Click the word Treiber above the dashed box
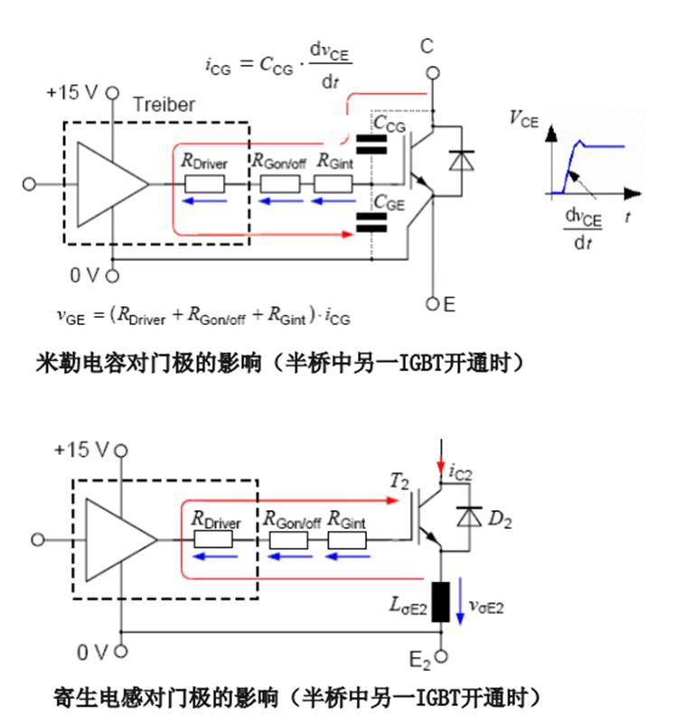tap(164, 104)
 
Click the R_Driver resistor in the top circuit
tap(205, 183)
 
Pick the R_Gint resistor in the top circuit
tap(333, 183)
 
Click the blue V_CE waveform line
tap(596, 145)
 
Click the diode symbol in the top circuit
tap(462, 161)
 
